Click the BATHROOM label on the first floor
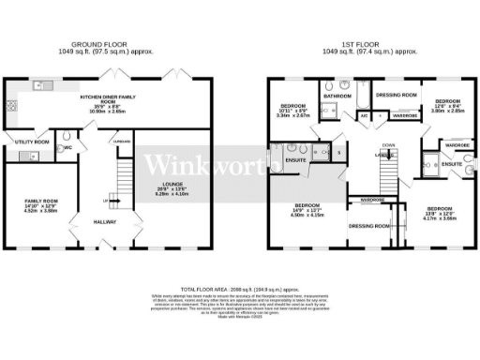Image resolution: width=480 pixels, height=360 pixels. pyautogui.click(x=337, y=96)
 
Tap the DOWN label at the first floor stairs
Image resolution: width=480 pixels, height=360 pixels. pyautogui.click(x=388, y=144)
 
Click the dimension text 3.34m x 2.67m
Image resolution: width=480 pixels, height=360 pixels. pyautogui.click(x=291, y=117)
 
